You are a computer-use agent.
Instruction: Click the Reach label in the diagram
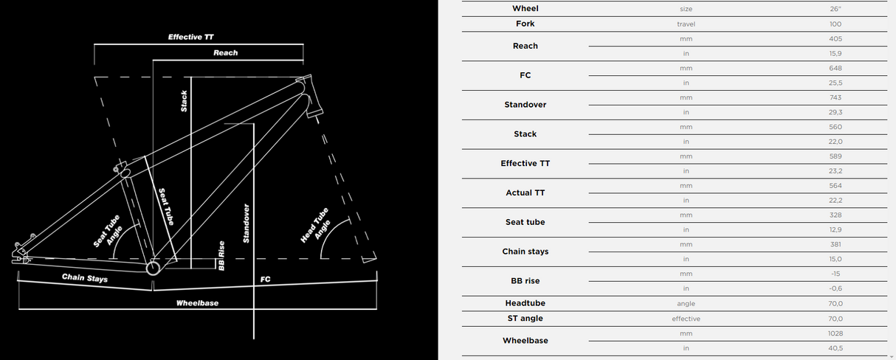[226, 53]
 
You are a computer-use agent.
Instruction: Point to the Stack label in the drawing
[185, 101]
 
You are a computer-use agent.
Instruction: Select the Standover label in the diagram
[247, 224]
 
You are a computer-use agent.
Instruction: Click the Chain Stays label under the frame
[85, 279]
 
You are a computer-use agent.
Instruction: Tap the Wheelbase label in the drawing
[197, 303]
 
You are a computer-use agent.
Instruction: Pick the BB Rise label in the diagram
[221, 255]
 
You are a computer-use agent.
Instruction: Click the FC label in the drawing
[266, 280]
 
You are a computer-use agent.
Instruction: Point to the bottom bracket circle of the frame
[154, 269]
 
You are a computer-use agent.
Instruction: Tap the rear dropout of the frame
[21, 252]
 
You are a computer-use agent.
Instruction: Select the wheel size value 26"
[835, 9]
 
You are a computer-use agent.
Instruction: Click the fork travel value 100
[835, 24]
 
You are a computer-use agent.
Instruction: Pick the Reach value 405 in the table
[835, 38]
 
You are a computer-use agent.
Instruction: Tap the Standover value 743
[835, 97]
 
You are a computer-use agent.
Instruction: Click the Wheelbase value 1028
[835, 333]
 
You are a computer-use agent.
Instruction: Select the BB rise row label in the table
[525, 281]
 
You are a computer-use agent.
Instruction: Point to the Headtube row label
[525, 303]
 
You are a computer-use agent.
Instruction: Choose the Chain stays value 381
[835, 244]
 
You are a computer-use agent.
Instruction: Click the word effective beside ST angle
[686, 319]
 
